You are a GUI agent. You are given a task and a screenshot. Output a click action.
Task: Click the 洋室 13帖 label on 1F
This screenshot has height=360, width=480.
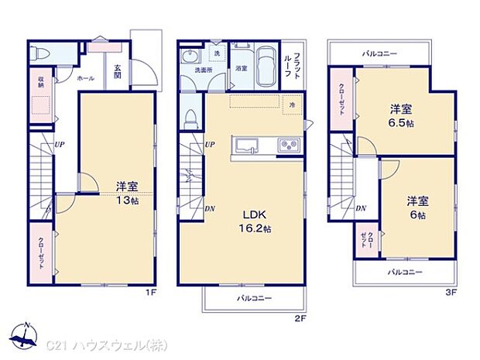click(x=127, y=194)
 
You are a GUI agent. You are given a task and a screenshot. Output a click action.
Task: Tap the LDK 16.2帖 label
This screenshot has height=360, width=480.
click(x=254, y=220)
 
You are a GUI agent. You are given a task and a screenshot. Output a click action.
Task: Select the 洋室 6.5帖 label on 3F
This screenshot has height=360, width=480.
click(x=399, y=116)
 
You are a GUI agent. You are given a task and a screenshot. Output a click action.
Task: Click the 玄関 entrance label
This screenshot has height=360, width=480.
click(x=116, y=71)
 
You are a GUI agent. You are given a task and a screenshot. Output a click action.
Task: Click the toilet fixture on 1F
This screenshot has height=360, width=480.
click(x=41, y=55)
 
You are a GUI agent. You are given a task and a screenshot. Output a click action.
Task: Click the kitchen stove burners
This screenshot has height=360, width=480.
click(x=286, y=146)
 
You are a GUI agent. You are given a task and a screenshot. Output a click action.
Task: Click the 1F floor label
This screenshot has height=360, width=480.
click(x=153, y=293)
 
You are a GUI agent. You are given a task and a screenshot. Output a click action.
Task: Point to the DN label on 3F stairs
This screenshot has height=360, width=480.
click(x=361, y=208)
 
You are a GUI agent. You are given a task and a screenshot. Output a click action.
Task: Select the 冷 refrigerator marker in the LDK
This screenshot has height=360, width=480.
click(x=292, y=105)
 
